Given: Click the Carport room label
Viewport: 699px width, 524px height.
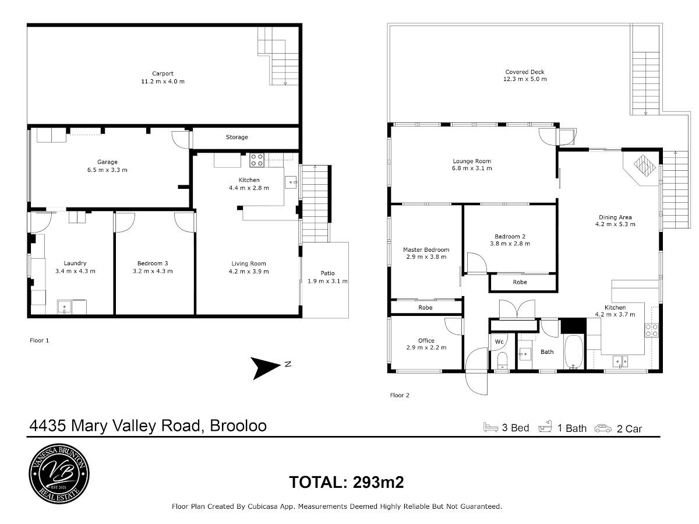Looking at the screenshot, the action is point(163,73).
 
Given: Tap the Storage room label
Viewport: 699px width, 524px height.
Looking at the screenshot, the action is point(237,138).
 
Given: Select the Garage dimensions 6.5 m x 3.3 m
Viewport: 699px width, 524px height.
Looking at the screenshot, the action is point(107,170).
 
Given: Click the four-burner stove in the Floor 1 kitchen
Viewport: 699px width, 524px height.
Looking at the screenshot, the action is point(257,160).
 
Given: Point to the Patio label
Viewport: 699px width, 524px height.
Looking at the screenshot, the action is point(327,273).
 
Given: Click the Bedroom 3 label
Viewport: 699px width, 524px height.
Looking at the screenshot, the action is point(153,263).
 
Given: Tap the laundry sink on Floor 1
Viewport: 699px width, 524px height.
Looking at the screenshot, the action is point(65,307).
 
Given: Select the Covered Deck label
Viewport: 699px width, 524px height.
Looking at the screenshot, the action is point(525,72).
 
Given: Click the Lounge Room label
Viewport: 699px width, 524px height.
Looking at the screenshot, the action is point(472,161).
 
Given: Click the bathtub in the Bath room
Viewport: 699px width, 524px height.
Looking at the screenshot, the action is point(574,352).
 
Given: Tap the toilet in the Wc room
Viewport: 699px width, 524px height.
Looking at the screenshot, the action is point(502,360).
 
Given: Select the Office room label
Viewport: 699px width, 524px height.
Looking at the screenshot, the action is point(426,340).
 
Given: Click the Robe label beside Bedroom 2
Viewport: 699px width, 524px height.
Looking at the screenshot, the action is point(520,282).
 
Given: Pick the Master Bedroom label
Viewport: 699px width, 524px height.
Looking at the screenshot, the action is point(426,249).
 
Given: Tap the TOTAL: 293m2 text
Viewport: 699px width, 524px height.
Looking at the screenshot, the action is point(347,482).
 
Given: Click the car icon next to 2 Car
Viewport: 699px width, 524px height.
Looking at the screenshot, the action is point(603,428).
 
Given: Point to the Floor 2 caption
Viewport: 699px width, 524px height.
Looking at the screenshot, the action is point(400,395).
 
